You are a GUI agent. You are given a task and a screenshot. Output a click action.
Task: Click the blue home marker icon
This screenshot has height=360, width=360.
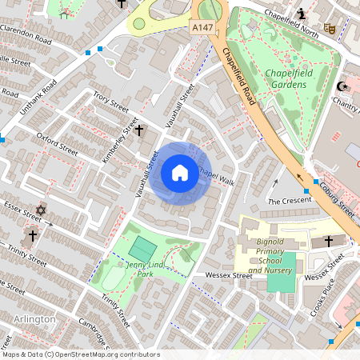pos(179,173)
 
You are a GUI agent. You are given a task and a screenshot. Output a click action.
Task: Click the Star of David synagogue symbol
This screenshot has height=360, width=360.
pos(41,210)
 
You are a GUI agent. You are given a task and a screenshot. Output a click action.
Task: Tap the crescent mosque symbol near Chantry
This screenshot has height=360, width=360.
pos(345,86)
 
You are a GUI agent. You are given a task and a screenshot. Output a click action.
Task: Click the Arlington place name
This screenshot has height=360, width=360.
pos(34,319)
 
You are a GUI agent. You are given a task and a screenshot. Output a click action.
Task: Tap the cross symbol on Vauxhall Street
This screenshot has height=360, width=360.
pos(138,130)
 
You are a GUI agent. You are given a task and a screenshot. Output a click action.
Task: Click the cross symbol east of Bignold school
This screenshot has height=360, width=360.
pos(328,240)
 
